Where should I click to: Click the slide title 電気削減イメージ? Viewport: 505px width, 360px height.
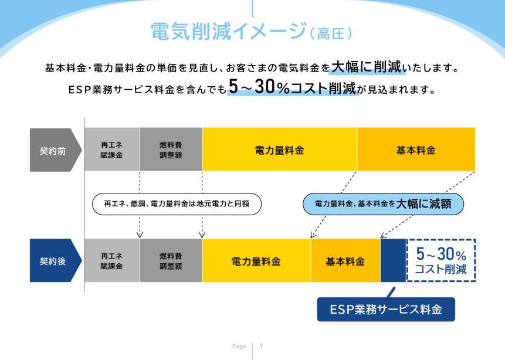[228, 31]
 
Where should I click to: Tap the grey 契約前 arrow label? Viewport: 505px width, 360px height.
[55, 150]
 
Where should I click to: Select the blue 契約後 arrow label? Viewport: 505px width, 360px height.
[55, 260]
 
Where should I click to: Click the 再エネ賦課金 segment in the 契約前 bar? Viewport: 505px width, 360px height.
[112, 150]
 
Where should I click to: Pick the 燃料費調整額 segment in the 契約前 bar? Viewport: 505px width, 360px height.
[171, 150]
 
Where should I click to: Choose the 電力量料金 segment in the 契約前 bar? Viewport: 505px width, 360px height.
[280, 150]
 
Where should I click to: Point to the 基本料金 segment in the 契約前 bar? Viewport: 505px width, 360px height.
[416, 150]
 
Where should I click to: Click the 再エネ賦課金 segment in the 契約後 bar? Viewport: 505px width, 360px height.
[112, 260]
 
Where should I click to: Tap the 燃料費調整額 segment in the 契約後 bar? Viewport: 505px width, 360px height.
[171, 260]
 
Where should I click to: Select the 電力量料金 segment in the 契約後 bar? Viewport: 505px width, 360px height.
[256, 260]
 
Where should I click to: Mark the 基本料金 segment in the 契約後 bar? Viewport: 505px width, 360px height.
[345, 260]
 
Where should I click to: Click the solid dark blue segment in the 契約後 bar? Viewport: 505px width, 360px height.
[393, 260]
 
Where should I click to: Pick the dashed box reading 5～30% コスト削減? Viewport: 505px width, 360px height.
[441, 260]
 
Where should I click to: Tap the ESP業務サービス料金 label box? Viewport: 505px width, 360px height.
[386, 310]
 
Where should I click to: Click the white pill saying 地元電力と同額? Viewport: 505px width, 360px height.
[177, 204]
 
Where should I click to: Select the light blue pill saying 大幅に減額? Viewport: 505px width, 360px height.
[383, 204]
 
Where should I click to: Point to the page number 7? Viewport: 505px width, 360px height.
[261, 346]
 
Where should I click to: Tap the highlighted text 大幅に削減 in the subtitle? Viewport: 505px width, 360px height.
[367, 67]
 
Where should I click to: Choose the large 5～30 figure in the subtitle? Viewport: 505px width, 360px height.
[252, 87]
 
